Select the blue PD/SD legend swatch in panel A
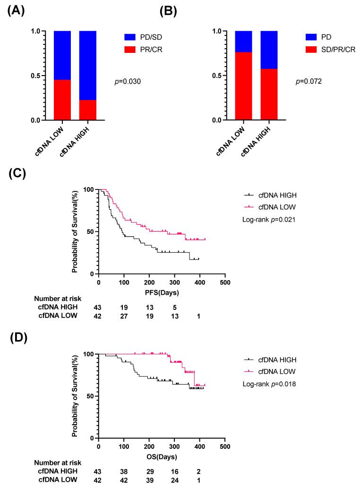pos(113,35)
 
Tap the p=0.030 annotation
pos(128,82)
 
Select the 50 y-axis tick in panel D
pos(88,396)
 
